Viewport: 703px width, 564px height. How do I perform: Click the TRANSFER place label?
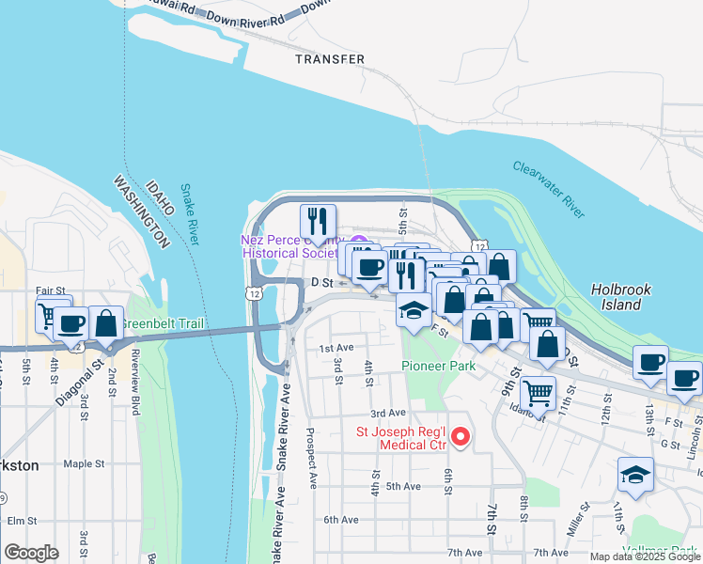pyautogui.click(x=329, y=59)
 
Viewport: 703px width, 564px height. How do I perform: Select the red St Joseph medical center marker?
pyautogui.click(x=461, y=436)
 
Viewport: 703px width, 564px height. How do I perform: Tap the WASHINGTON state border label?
pyautogui.click(x=140, y=211)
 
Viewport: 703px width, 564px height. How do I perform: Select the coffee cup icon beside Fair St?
pyautogui.click(x=71, y=323)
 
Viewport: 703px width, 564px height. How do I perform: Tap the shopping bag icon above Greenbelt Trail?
pyautogui.click(x=107, y=322)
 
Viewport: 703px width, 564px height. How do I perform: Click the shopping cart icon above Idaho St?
pyautogui.click(x=538, y=390)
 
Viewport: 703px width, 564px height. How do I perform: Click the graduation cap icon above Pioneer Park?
pyautogui.click(x=413, y=309)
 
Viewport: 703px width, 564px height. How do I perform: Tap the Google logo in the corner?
pyautogui.click(x=31, y=552)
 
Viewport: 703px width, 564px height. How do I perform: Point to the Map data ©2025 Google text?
pyautogui.click(x=645, y=556)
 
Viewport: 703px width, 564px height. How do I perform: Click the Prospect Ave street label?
pyautogui.click(x=311, y=459)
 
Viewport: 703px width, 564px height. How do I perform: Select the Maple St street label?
pyautogui.click(x=84, y=463)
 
